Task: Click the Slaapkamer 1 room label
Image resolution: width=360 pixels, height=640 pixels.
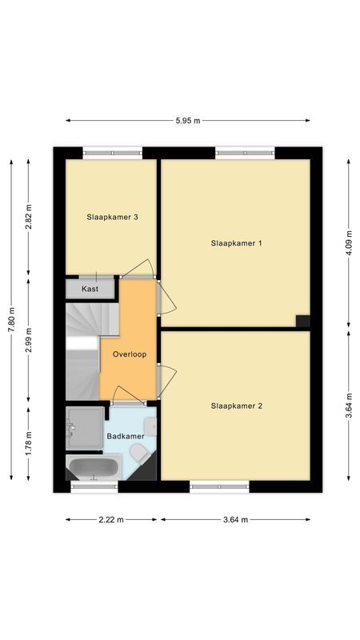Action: coord(236,243)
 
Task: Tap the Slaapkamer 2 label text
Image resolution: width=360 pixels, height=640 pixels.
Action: coord(236,406)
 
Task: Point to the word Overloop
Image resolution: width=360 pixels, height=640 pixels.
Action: coord(129,354)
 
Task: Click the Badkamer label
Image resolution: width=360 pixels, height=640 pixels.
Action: coord(126,436)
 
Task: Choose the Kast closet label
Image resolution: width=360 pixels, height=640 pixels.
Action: coord(90,289)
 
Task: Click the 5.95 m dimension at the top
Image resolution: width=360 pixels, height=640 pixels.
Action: coord(187,121)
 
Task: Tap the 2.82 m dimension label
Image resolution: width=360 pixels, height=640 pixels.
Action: coord(29,218)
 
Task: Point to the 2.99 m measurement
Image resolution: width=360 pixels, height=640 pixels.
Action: coord(29,340)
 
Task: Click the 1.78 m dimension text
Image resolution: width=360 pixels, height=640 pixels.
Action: coord(29,442)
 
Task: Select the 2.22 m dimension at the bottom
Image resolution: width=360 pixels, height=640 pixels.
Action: coord(112,519)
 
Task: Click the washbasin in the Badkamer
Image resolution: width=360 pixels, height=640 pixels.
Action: coord(150,425)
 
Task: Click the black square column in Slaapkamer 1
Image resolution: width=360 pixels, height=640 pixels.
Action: coord(302,321)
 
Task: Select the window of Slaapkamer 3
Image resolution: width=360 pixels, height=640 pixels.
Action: coord(112,152)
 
